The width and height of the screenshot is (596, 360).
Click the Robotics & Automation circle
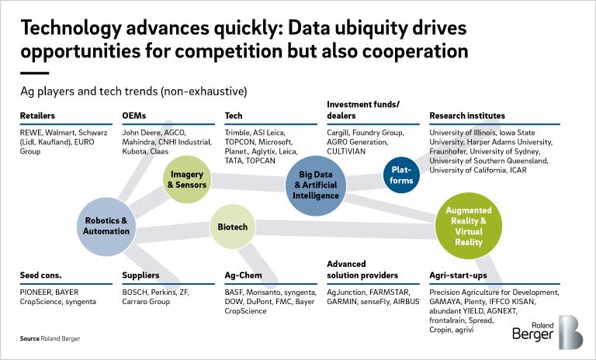[x=107, y=226]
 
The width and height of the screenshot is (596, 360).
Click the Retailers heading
[x=38, y=116]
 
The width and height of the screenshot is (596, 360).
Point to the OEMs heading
[x=135, y=116]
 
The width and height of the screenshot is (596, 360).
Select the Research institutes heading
[x=467, y=116]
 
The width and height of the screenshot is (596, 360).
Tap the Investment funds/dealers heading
[x=362, y=109]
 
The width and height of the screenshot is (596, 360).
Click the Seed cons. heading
[x=40, y=275]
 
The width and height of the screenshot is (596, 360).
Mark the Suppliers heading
[x=141, y=275]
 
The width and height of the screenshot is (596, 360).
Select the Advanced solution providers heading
[x=362, y=269]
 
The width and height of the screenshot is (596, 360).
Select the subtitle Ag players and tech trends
[x=133, y=92]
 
